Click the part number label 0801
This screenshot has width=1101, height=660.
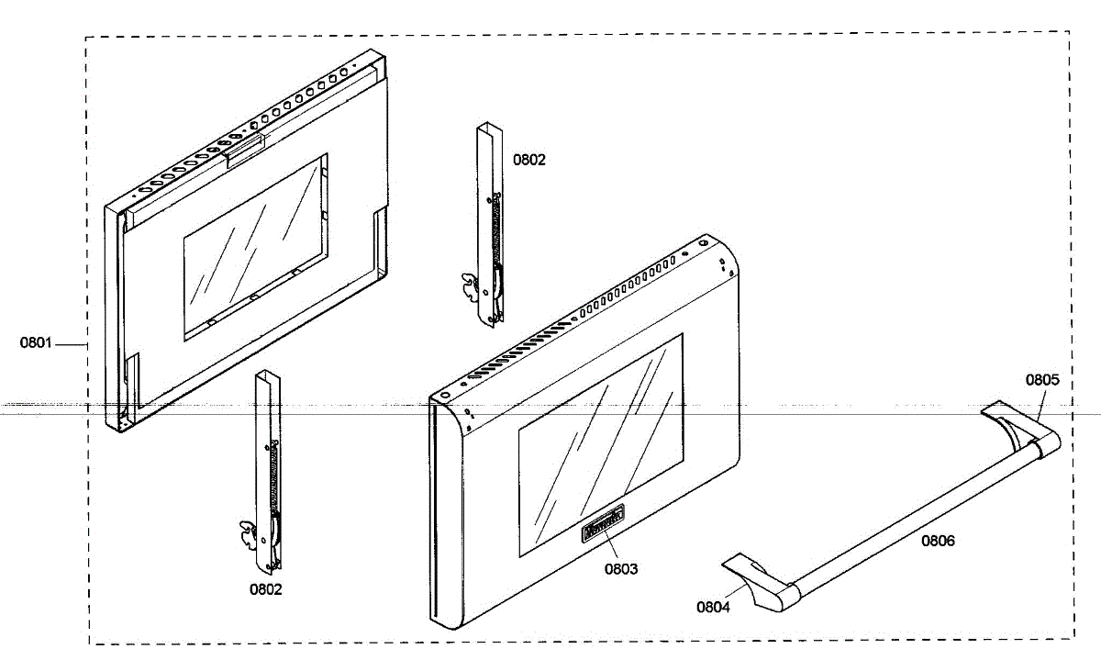(36, 343)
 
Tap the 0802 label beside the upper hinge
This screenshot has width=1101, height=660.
(529, 160)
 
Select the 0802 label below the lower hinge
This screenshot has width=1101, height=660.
(266, 589)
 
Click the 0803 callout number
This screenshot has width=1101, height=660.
(621, 569)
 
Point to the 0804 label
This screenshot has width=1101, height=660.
(713, 607)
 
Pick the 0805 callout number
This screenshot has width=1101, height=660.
(1042, 379)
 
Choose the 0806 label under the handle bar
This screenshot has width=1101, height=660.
(938, 541)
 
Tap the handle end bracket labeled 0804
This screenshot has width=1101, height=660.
(762, 583)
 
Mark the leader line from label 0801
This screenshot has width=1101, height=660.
(71, 344)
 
